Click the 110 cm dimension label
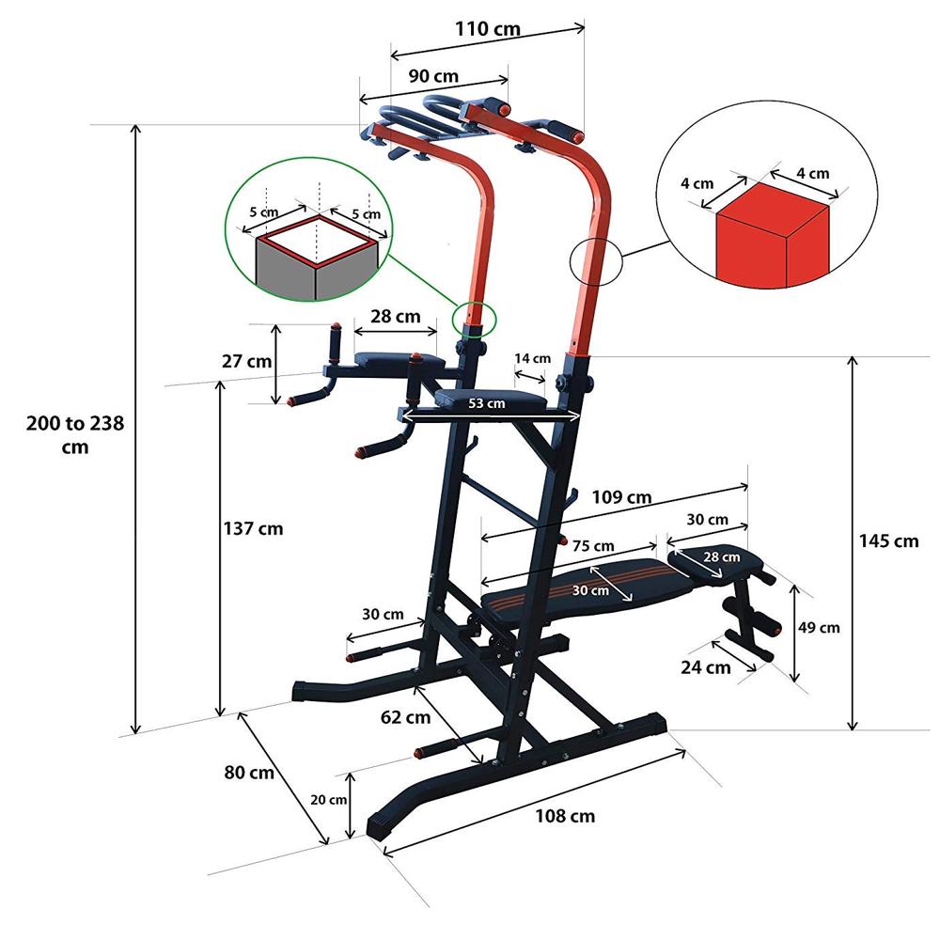pos(488,28)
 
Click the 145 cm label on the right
pos(888,540)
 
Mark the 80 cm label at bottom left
pos(248,773)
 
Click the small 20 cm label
pos(329,799)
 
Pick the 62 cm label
pos(405,718)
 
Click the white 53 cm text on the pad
pos(487,403)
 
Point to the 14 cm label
pos(533,358)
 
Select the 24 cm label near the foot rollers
pos(705,668)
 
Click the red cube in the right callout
pos(772,242)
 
